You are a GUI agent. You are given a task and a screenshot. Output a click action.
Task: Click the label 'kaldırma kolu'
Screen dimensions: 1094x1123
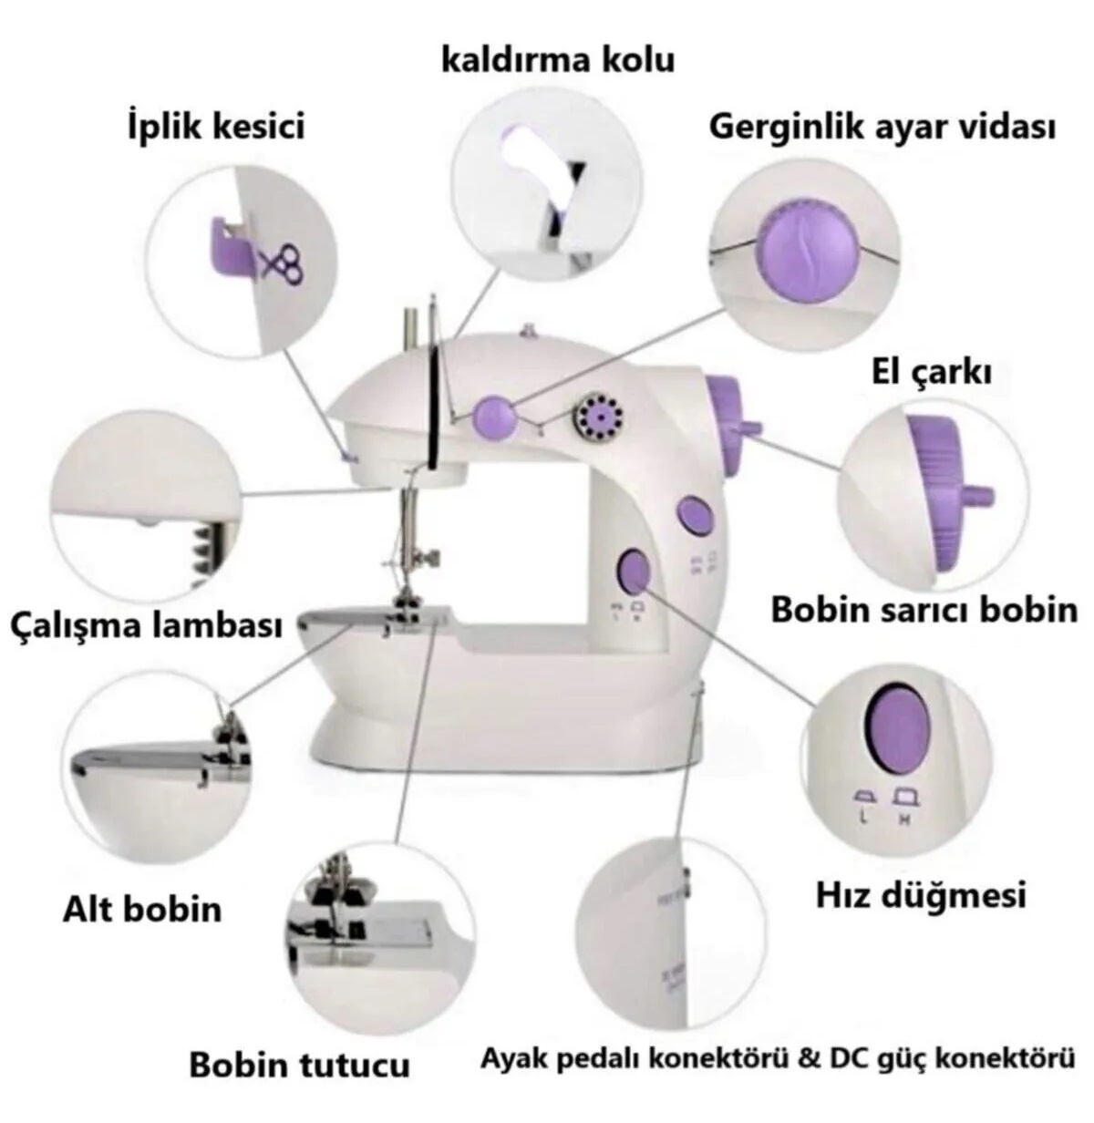pos(558,61)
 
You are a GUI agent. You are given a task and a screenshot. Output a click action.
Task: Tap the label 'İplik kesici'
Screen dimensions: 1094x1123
pos(216,127)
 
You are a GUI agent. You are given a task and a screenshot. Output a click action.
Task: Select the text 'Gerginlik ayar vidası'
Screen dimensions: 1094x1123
pos(882,128)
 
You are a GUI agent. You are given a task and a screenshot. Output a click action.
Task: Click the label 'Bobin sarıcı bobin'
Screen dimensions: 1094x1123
pos(924,610)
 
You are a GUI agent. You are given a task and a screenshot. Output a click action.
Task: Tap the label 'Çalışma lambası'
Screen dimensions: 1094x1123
pos(147,626)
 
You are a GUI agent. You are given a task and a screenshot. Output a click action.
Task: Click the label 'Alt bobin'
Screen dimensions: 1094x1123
pos(142,910)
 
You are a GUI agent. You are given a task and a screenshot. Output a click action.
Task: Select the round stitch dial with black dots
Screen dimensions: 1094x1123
pos(599,416)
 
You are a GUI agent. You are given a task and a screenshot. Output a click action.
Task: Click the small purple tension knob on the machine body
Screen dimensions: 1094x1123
pos(494,417)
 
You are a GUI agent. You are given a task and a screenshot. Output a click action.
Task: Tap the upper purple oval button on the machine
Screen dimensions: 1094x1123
pos(694,515)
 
